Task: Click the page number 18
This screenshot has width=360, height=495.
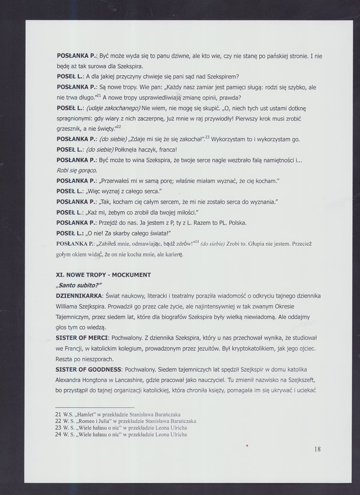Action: point(317,449)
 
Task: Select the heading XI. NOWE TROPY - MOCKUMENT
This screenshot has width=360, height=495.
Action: point(103,274)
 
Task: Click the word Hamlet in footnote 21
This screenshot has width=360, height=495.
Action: point(92,414)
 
